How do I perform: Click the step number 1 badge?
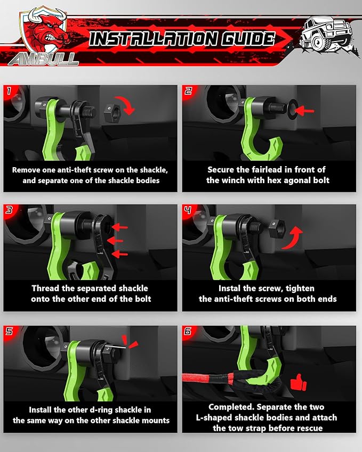(x=9, y=91)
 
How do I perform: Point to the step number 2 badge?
(x=188, y=91)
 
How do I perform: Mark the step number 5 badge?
(x=9, y=331)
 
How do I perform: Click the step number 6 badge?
(x=188, y=331)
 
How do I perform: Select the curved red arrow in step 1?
(x=129, y=105)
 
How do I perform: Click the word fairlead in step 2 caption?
(x=271, y=169)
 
